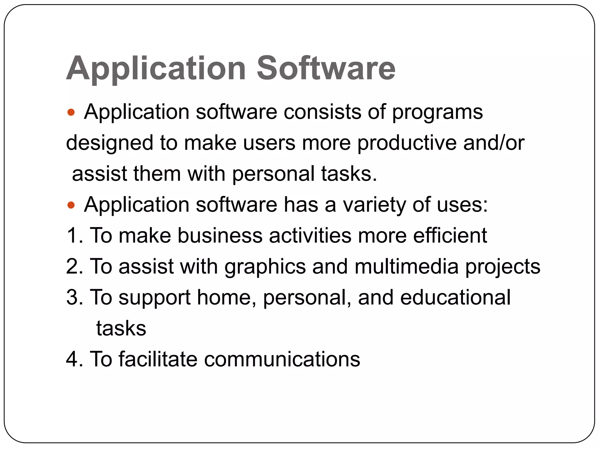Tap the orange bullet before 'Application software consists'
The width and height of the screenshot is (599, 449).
[x=71, y=112]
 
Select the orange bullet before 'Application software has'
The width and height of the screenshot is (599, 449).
[x=71, y=205]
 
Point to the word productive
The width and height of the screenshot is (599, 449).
[x=407, y=144]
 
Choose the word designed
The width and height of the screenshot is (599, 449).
[x=110, y=144]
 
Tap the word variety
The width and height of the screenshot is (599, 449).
[x=375, y=205]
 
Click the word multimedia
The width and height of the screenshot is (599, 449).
[x=407, y=267]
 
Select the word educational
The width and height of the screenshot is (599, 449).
[x=455, y=298]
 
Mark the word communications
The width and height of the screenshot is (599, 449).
[x=282, y=359]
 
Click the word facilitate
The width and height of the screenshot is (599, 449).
[x=158, y=359]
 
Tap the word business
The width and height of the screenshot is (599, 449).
[x=220, y=236]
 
